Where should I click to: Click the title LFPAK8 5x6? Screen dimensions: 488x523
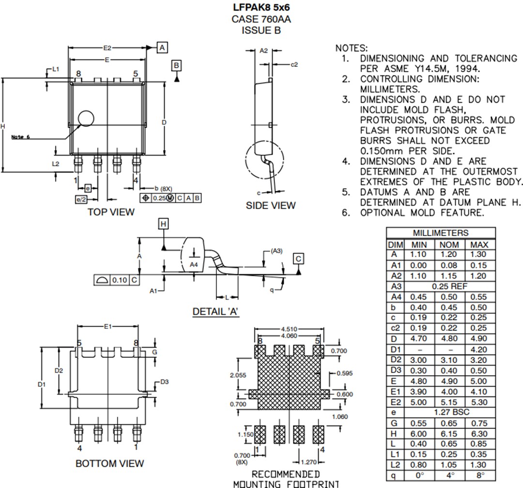point(261,8)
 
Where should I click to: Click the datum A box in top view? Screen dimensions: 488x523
point(162,47)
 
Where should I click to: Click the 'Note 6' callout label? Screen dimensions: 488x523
point(21,137)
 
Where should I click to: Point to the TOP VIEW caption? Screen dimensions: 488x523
point(111,212)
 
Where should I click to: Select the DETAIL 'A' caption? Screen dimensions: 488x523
point(216,311)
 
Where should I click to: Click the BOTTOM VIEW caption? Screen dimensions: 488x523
point(109,463)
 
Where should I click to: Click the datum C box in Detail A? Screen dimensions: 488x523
point(299,259)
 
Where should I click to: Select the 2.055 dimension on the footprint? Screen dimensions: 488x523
point(238,375)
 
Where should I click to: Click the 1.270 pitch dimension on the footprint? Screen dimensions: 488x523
point(305,462)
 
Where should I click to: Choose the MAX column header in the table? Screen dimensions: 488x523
point(479,244)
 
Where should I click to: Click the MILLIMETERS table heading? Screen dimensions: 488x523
point(440,233)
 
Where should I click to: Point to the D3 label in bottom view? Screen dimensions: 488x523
point(165,382)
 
